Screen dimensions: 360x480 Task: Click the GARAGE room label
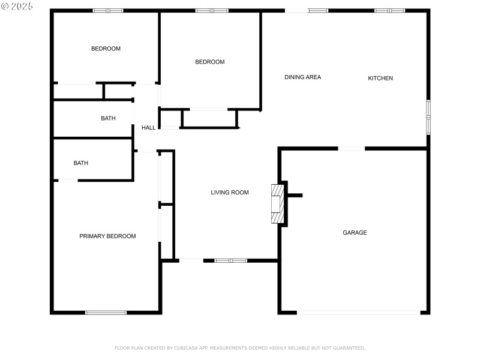pos(355,233)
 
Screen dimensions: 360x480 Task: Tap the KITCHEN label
pos(380,78)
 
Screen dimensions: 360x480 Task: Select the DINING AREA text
pos(302,77)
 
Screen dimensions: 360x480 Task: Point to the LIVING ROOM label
pos(229,193)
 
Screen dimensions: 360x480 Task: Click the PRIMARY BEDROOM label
pos(107,236)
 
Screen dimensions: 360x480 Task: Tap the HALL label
pos(148,128)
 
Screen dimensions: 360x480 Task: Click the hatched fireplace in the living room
pos(277,203)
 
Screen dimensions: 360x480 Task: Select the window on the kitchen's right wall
pos(428,116)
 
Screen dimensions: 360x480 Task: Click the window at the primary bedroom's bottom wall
pos(106,312)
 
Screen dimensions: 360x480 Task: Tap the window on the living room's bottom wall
pos(230,260)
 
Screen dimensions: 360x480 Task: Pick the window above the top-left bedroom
pos(107,10)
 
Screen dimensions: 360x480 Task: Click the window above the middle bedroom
pos(212,10)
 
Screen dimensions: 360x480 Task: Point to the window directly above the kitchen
pos(389,10)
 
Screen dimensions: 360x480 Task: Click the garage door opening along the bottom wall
pos(358,312)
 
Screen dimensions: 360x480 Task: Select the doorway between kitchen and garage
pos(351,148)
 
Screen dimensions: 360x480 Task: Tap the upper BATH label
pos(108,119)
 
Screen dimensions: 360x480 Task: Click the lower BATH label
pos(81,163)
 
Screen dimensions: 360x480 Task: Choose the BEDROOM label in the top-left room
pos(106,49)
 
